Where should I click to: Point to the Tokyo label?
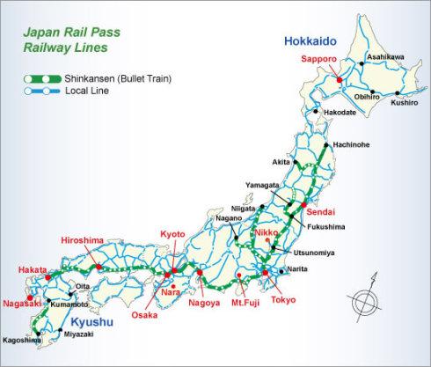[x=283, y=299]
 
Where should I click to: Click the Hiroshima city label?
[x=83, y=239]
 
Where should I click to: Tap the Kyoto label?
[x=173, y=233]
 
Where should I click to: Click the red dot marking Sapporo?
[x=339, y=80]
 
